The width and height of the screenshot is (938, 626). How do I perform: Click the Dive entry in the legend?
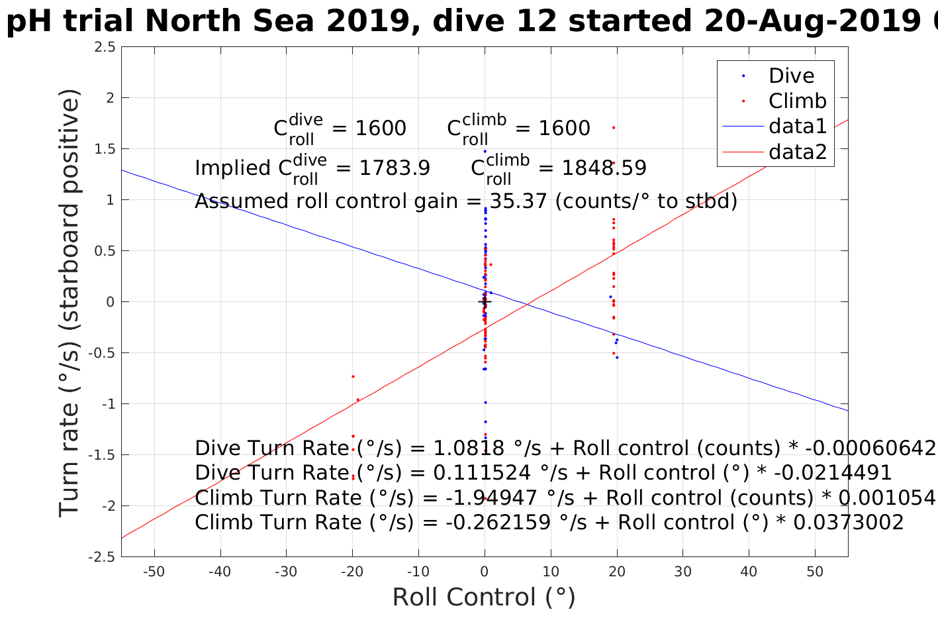tap(791, 76)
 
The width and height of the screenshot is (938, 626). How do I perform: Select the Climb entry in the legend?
tap(797, 101)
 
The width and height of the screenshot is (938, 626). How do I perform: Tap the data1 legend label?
tap(798, 126)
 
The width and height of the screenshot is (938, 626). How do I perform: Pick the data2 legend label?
tap(798, 152)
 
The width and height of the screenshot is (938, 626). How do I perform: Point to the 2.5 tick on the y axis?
tap(105, 47)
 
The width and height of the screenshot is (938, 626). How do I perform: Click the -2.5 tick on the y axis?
tap(102, 556)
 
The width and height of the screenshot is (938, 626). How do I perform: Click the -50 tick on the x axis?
tap(154, 572)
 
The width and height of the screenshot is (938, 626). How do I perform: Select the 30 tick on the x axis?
tap(682, 572)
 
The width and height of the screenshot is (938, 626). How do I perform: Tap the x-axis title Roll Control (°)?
tap(484, 597)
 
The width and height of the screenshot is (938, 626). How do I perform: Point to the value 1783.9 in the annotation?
tap(395, 168)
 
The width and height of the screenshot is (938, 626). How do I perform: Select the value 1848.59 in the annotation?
tap(604, 168)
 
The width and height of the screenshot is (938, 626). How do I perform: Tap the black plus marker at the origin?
tap(485, 302)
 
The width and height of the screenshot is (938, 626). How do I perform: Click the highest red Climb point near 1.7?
tap(614, 127)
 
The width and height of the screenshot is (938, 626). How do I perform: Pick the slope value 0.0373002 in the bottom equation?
tap(848, 522)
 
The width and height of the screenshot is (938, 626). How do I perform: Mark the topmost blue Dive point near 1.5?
tap(485, 151)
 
